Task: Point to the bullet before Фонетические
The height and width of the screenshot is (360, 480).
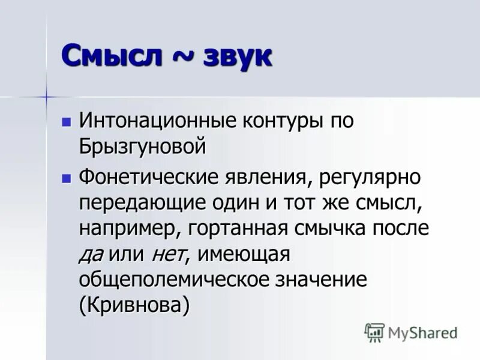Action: pos(67,178)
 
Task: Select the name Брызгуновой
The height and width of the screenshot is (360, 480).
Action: pos(142,146)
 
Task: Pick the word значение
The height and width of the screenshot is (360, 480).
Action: pos(319,280)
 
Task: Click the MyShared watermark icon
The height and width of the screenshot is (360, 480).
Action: pos(374,332)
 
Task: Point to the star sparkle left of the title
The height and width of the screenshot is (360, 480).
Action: pos(46,96)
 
